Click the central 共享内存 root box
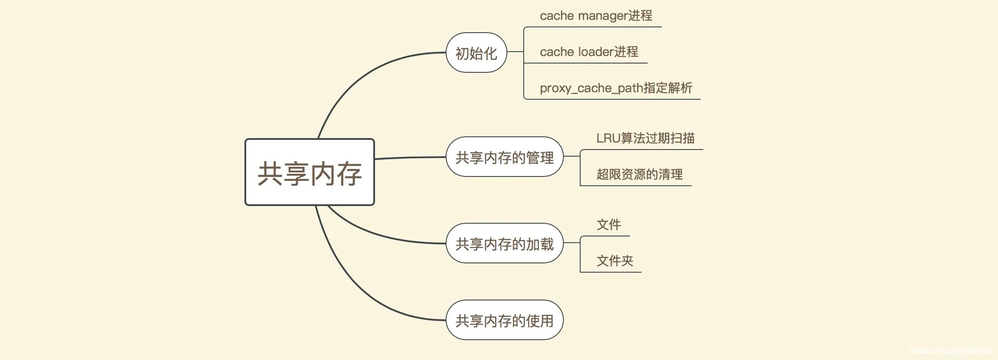click(x=309, y=172)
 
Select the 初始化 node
click(x=476, y=53)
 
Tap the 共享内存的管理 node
click(x=504, y=157)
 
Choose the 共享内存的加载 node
click(x=504, y=244)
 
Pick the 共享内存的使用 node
click(x=504, y=320)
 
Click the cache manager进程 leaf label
click(x=596, y=16)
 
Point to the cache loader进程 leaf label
click(x=589, y=52)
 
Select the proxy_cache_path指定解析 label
click(x=616, y=88)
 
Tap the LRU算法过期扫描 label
click(x=645, y=139)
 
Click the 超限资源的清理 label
click(x=639, y=175)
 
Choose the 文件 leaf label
click(x=608, y=225)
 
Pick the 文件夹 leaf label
click(x=615, y=261)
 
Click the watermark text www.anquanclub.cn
click(x=951, y=351)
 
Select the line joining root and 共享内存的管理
click(x=410, y=157)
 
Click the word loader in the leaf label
click(x=596, y=52)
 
